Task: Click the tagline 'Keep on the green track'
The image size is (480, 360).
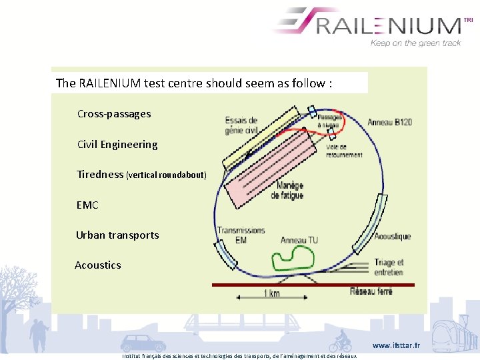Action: coord(415,43)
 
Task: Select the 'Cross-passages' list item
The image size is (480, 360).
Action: coord(114,114)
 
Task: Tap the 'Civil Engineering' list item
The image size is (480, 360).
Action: coord(117,145)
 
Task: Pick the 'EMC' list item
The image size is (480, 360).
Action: coord(87,205)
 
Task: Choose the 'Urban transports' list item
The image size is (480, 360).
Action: coord(117,235)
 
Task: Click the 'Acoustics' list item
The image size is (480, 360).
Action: coord(98,265)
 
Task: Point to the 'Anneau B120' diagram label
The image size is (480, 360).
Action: coord(390,122)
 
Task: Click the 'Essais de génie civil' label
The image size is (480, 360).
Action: coord(241,125)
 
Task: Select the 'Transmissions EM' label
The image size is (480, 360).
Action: coord(241,235)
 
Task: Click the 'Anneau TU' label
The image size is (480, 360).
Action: coord(299,240)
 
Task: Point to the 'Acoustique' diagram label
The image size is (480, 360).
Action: coord(392,237)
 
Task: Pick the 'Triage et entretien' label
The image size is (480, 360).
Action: coord(388,267)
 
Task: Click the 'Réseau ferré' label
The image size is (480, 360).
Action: coord(371,291)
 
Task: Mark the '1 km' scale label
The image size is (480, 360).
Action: coord(271,294)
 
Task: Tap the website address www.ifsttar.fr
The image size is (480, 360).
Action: coord(396,346)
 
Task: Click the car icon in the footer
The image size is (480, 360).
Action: coord(143,343)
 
